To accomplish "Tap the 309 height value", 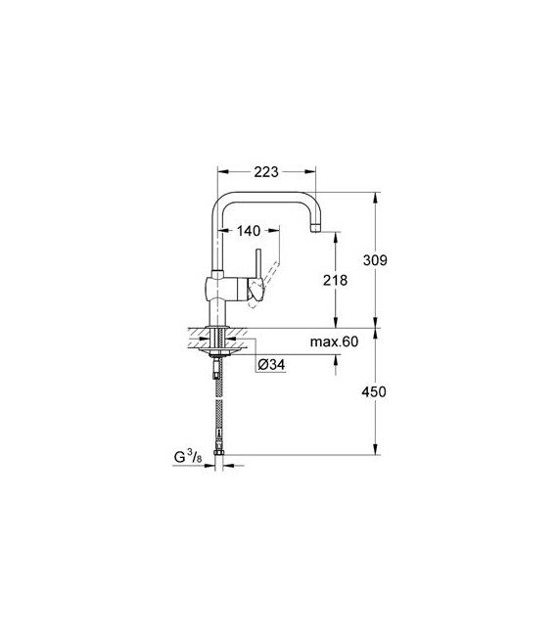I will pos(376,260).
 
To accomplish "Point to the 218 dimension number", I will pos(337,279).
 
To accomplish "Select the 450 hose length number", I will pos(376,391).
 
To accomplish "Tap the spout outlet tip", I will pos(315,229).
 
